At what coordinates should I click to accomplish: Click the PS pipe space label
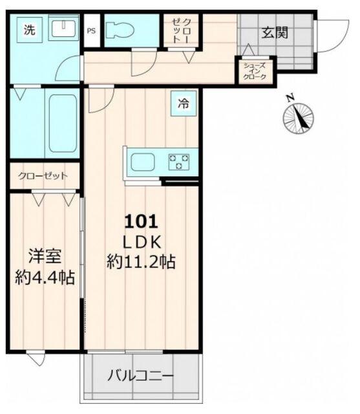point(92,30)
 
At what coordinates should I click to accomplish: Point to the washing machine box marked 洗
point(30,29)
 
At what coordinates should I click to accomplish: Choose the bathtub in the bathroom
point(62,124)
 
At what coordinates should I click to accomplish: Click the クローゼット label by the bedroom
point(43,175)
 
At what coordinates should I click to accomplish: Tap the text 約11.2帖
point(142,262)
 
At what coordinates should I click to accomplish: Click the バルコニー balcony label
point(140,375)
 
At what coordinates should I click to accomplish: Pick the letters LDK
point(142,241)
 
